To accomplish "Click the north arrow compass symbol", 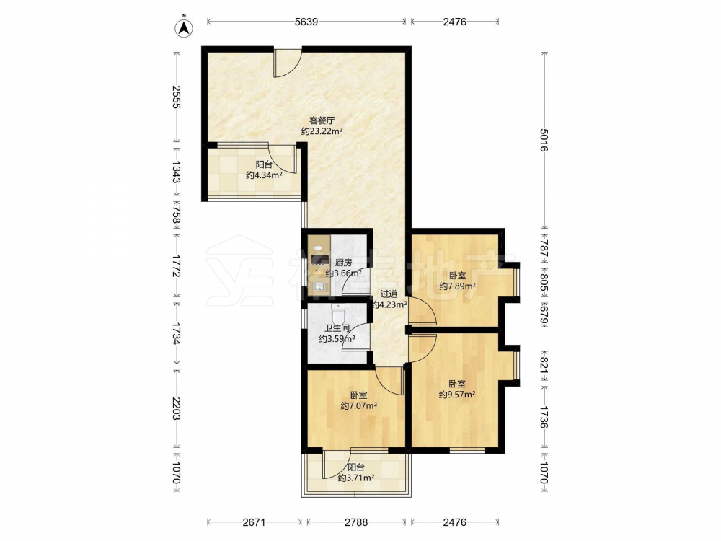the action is click(x=184, y=27).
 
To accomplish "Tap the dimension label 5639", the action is click(x=306, y=22).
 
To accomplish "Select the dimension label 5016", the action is click(x=544, y=141).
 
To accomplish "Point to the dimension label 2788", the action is click(x=356, y=522).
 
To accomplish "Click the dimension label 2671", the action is click(x=254, y=522).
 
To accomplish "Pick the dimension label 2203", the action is click(x=176, y=408).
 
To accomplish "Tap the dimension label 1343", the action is click(x=176, y=172).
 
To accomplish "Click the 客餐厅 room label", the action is click(x=322, y=120).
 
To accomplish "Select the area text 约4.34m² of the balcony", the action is click(x=264, y=175).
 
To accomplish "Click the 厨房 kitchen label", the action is click(x=343, y=263).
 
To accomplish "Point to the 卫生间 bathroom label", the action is click(x=337, y=328).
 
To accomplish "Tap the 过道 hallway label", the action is click(x=389, y=294).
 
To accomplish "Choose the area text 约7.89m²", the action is click(x=458, y=286).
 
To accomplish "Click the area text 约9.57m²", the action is click(x=457, y=395).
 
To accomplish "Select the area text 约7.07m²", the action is click(x=359, y=405).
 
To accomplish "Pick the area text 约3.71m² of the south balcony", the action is click(x=356, y=478).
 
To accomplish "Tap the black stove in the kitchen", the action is click(x=318, y=260).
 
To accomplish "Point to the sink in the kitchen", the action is click(x=319, y=288).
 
